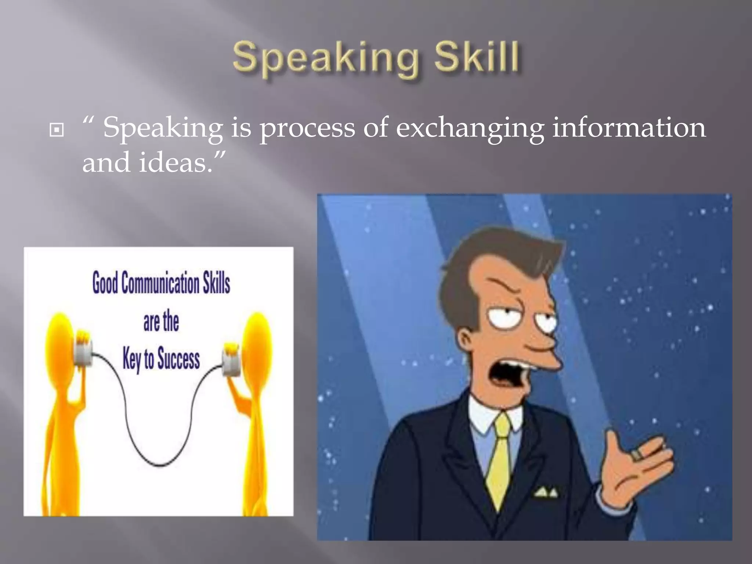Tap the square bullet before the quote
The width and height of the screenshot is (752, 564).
tap(56, 130)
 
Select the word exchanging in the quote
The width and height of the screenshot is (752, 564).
tap(470, 129)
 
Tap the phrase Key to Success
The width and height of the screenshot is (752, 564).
tap(161, 359)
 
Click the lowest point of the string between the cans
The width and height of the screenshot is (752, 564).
tap(160, 466)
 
